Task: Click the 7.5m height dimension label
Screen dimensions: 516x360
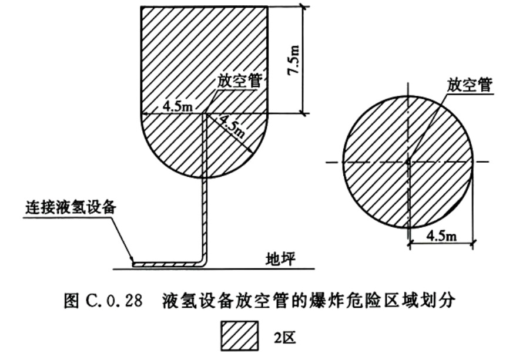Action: tap(294, 60)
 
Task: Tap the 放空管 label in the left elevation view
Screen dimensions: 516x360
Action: tap(239, 81)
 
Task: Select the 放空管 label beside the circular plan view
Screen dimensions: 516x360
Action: tap(469, 85)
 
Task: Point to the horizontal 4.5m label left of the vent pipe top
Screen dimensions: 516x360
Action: tap(178, 106)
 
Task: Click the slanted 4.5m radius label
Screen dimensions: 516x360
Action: tap(232, 127)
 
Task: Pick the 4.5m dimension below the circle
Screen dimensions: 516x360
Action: tap(441, 235)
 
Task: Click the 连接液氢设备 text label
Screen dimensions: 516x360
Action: tap(71, 208)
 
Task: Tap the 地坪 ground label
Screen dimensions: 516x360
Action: tap(281, 259)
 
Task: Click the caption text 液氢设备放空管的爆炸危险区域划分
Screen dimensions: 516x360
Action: tap(309, 301)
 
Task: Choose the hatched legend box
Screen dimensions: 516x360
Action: tap(239, 336)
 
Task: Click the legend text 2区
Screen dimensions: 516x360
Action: tap(284, 337)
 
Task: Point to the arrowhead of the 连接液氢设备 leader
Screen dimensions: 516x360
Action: tap(132, 260)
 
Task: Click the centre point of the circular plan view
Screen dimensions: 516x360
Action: tap(408, 162)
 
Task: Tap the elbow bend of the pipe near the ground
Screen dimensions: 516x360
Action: tap(203, 263)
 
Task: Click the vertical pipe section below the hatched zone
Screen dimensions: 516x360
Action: tap(205, 218)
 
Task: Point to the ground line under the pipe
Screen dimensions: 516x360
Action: tap(214, 269)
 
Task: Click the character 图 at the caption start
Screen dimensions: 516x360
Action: tap(71, 301)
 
